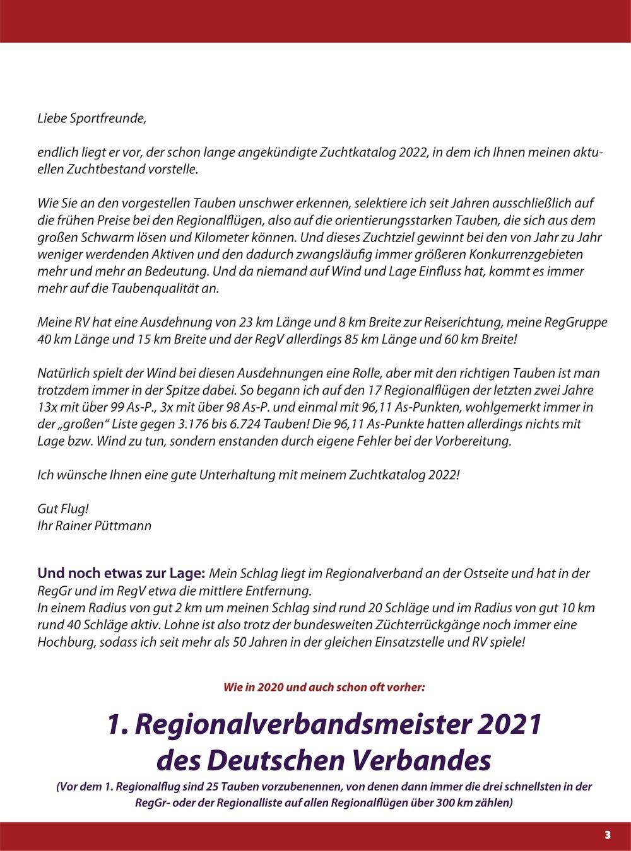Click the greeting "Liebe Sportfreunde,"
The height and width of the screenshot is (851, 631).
coord(91,119)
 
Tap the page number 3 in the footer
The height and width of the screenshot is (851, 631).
coord(608,835)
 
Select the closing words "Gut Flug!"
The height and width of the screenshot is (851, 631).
coord(63,509)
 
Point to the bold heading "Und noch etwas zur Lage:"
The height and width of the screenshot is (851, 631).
coord(121,574)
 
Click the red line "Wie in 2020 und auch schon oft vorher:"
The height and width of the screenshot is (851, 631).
coord(324,687)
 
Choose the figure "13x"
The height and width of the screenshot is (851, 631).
coord(47,407)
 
